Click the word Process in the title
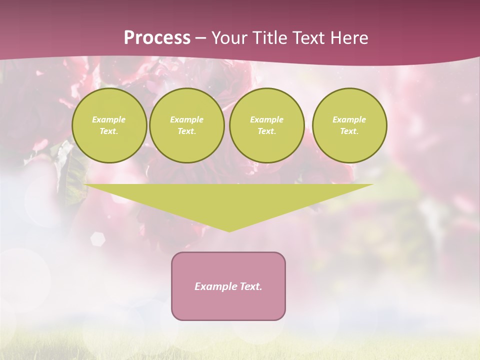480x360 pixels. tap(157, 38)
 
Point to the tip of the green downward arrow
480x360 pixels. tap(229, 230)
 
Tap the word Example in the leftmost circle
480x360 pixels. tap(109, 119)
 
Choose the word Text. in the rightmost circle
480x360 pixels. tap(349, 131)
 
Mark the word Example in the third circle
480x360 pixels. tap(266, 119)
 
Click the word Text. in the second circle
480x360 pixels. tap(186, 131)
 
